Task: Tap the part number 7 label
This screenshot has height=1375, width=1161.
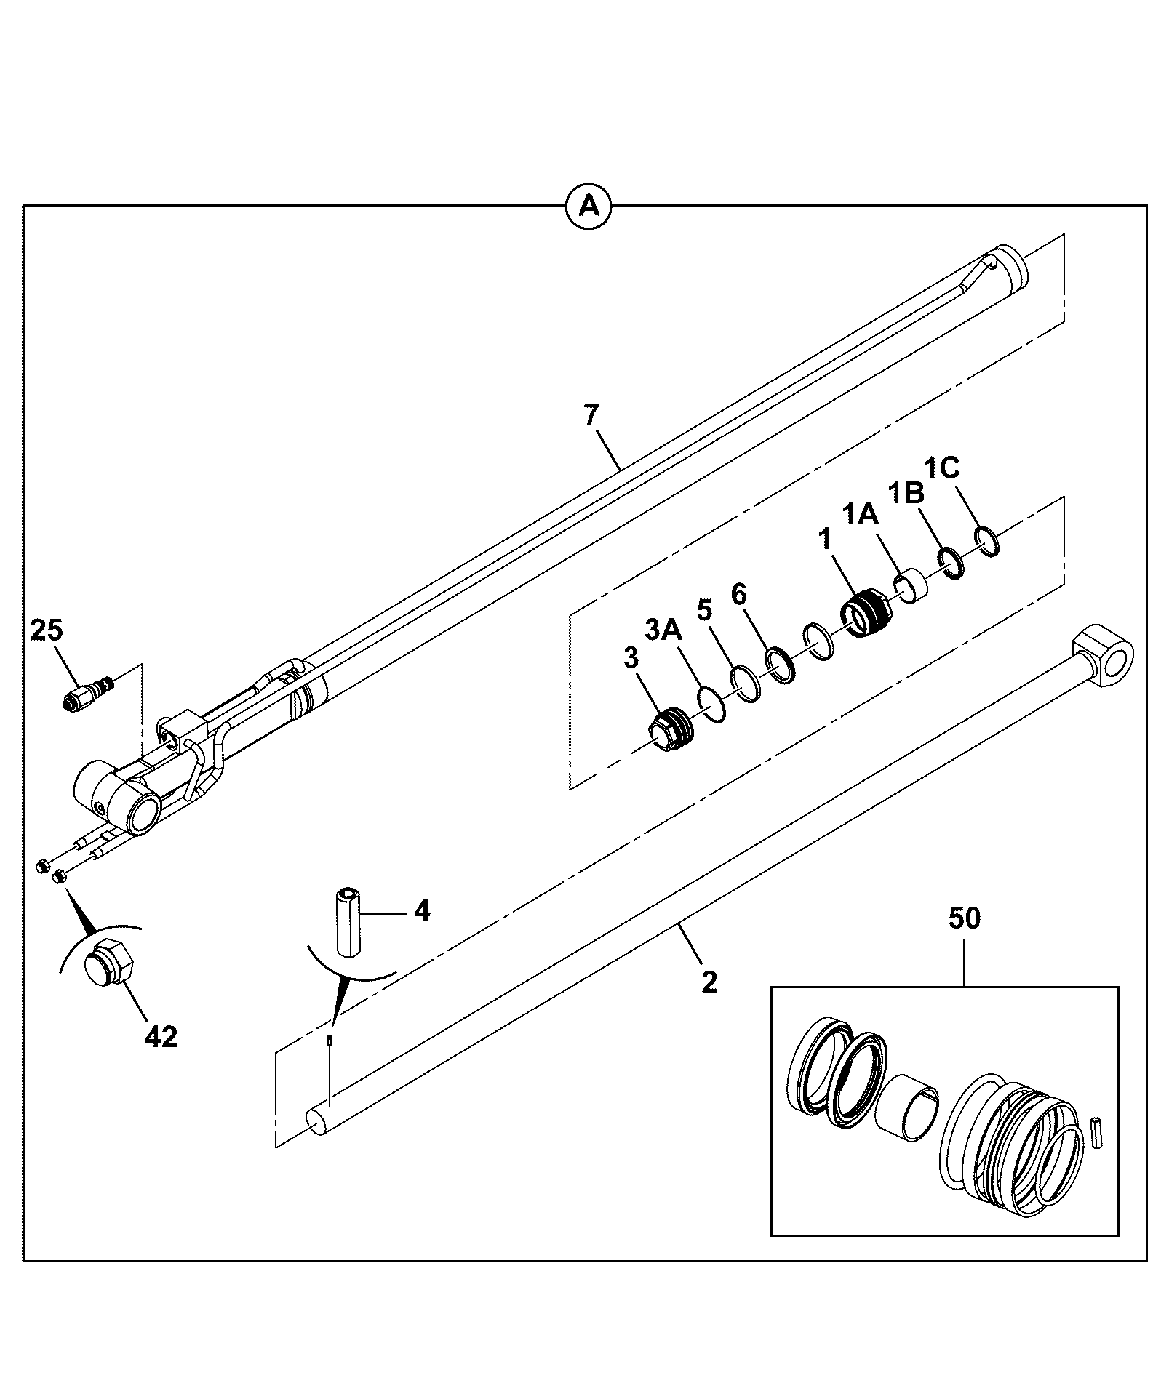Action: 591,416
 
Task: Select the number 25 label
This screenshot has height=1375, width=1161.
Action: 47,630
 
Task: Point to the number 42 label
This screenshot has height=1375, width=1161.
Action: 161,1037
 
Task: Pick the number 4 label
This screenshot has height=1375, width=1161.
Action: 422,910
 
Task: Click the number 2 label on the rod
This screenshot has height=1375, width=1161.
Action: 709,982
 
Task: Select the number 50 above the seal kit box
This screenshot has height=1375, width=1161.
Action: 965,918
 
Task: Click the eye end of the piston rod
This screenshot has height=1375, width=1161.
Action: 1104,655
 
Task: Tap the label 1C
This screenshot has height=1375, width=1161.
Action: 942,468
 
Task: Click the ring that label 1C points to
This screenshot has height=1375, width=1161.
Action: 986,541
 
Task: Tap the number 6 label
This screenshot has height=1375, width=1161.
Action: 738,594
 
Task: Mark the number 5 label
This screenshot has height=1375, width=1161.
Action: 703,609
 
